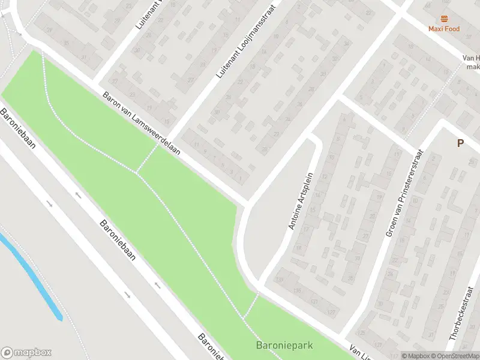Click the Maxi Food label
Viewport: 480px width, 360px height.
point(444,28)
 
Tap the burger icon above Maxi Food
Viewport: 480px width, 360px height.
point(444,19)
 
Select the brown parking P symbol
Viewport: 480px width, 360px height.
point(460,143)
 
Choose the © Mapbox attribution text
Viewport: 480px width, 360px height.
point(415,356)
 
